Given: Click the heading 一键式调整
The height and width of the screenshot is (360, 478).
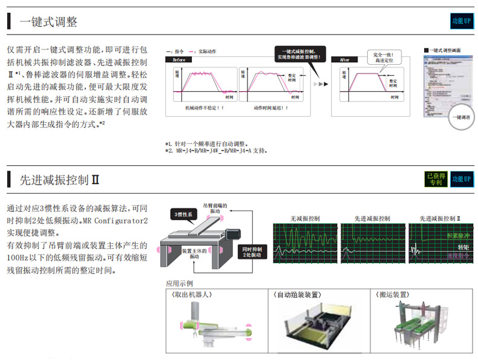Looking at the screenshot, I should (48, 22).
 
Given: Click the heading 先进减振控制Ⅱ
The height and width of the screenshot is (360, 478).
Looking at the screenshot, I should (59, 179).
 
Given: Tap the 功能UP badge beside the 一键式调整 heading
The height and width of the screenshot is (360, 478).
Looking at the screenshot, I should (461, 21).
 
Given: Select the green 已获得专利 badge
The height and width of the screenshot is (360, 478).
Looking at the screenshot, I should (436, 178).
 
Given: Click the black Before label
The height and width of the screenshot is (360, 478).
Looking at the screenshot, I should (180, 60).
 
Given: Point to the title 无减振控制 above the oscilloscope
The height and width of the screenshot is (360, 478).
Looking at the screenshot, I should (305, 218).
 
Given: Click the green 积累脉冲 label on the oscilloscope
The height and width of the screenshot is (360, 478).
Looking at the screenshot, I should (458, 235).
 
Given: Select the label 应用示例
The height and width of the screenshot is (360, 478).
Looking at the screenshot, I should (179, 283).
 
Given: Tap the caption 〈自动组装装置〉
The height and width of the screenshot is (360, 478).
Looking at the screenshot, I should (298, 295).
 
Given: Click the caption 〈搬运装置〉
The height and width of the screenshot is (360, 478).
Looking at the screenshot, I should (391, 295).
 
